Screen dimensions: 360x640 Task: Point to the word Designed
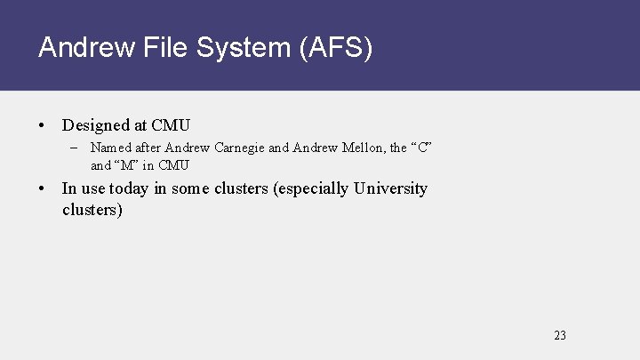[x=96, y=125]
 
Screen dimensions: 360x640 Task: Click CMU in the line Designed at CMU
[x=171, y=125]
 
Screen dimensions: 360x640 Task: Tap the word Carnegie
[x=239, y=148]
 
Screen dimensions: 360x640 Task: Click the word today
[x=128, y=188]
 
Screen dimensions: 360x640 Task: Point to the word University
[x=390, y=188]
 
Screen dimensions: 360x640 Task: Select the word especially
[x=312, y=188]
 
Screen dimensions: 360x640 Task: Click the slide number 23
[x=559, y=335]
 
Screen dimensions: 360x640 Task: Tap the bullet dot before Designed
[x=42, y=125]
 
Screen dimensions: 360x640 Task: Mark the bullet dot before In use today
[x=42, y=188]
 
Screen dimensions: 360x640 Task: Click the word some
[x=190, y=188]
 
